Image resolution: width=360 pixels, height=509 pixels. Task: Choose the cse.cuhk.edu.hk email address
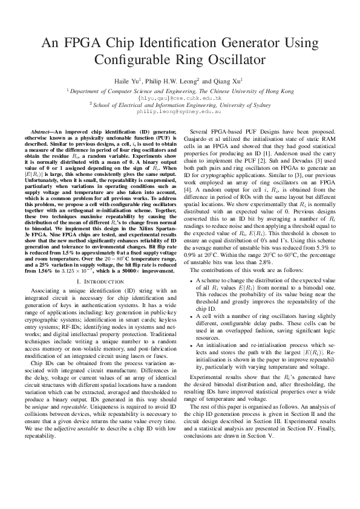point(180,97)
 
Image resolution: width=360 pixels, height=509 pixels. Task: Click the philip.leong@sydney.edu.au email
point(180,111)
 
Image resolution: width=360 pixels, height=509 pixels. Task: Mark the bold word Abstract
point(42,131)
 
